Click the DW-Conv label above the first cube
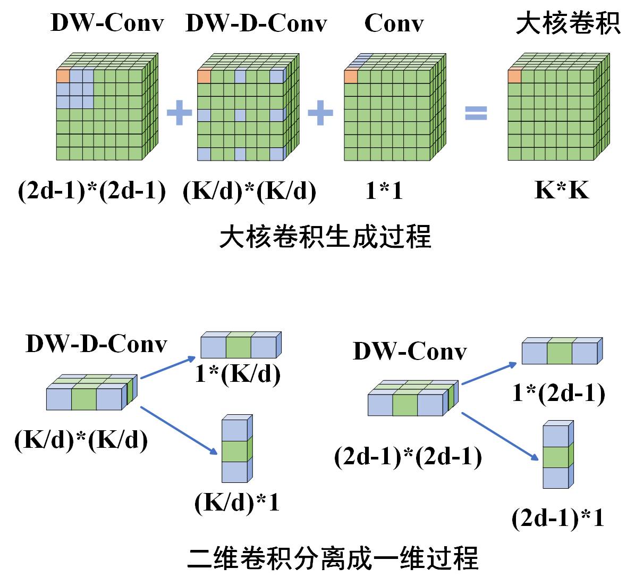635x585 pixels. pos(107,23)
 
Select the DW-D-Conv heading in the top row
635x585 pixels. pos(256,23)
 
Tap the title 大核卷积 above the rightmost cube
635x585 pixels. pos(568,23)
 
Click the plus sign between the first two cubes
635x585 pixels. pos(180,113)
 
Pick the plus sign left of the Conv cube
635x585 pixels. pos(320,113)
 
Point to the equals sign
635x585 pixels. pos(476,113)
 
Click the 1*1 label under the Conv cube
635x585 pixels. pos(384,190)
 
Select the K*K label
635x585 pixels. pos(562,190)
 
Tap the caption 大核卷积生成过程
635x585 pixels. pos(325,237)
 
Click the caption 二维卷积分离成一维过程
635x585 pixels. pos(333,558)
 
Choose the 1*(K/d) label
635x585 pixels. pos(238,374)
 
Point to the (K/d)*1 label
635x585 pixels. pos(237,503)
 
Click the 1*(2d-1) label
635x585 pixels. pos(558,394)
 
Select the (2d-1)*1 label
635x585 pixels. pos(558,518)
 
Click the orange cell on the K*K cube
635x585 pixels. pos(514,77)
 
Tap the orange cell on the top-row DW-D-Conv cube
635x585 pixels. pos(204,77)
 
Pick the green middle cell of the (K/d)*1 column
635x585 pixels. pos(234,451)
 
